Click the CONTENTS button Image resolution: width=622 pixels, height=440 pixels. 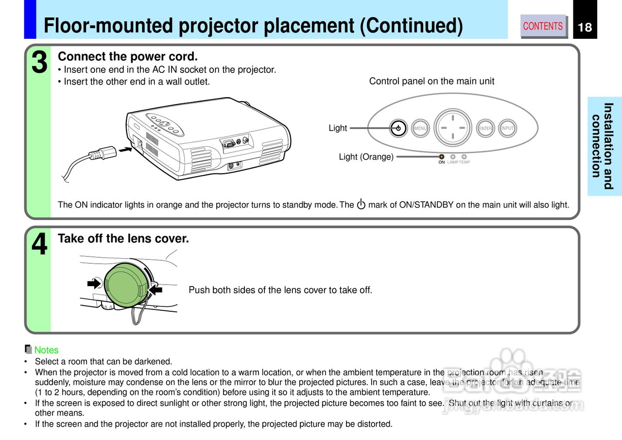click(543, 26)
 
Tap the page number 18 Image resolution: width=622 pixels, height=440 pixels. click(585, 27)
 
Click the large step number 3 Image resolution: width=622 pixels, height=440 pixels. click(40, 64)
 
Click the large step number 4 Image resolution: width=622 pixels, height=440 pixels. click(40, 244)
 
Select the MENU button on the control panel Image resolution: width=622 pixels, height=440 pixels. click(420, 128)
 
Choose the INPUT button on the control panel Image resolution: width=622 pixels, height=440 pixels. click(507, 128)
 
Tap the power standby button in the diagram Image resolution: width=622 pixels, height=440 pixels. click(398, 128)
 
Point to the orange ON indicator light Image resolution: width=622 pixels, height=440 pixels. click(441, 157)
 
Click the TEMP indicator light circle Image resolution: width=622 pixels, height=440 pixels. click(464, 157)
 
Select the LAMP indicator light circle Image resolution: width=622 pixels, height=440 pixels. click(453, 157)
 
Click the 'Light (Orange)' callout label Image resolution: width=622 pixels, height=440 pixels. click(366, 157)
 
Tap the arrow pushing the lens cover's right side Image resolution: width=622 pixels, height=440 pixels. click(156, 289)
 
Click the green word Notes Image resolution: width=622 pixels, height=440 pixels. click(46, 350)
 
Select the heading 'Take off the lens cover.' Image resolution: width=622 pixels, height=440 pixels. click(123, 238)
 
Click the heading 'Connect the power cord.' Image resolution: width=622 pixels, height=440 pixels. click(127, 57)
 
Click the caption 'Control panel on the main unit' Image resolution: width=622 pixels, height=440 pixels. click(432, 81)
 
